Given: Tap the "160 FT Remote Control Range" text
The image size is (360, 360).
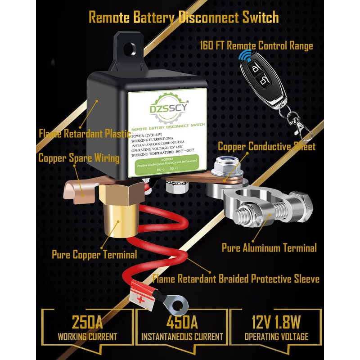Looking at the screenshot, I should (x=256, y=46).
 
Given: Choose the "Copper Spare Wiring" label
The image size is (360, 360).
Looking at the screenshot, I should (x=79, y=158).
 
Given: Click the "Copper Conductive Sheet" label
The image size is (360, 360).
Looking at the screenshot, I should (x=266, y=146).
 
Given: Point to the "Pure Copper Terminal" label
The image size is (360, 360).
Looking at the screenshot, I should (x=94, y=255).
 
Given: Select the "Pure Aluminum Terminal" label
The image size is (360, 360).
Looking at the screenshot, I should (x=269, y=247).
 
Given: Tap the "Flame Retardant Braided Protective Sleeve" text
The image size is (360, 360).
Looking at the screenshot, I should (x=236, y=279).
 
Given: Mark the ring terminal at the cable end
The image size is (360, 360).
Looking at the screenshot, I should (x=173, y=306).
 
